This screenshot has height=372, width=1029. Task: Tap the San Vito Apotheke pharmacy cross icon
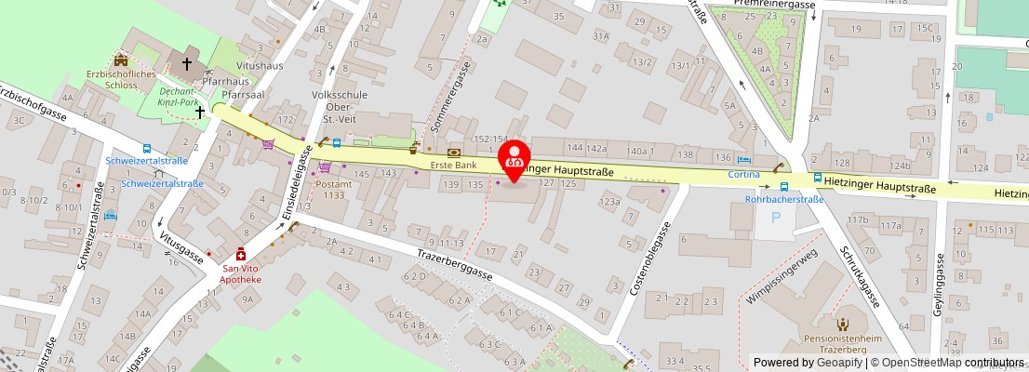tap(241, 254)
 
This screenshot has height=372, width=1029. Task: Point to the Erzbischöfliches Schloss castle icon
tap(120, 60)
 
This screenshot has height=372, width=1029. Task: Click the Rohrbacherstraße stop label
tap(785, 199)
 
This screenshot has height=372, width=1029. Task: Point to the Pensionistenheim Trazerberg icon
tap(843, 325)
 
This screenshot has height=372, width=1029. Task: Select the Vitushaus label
tap(260, 68)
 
